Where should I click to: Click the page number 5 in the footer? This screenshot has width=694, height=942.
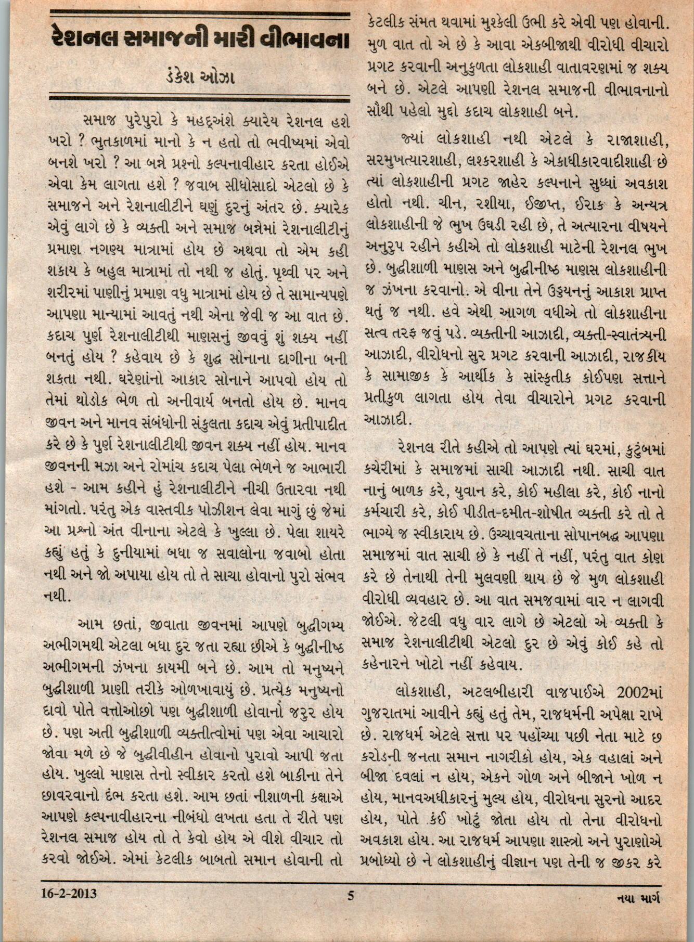350,896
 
